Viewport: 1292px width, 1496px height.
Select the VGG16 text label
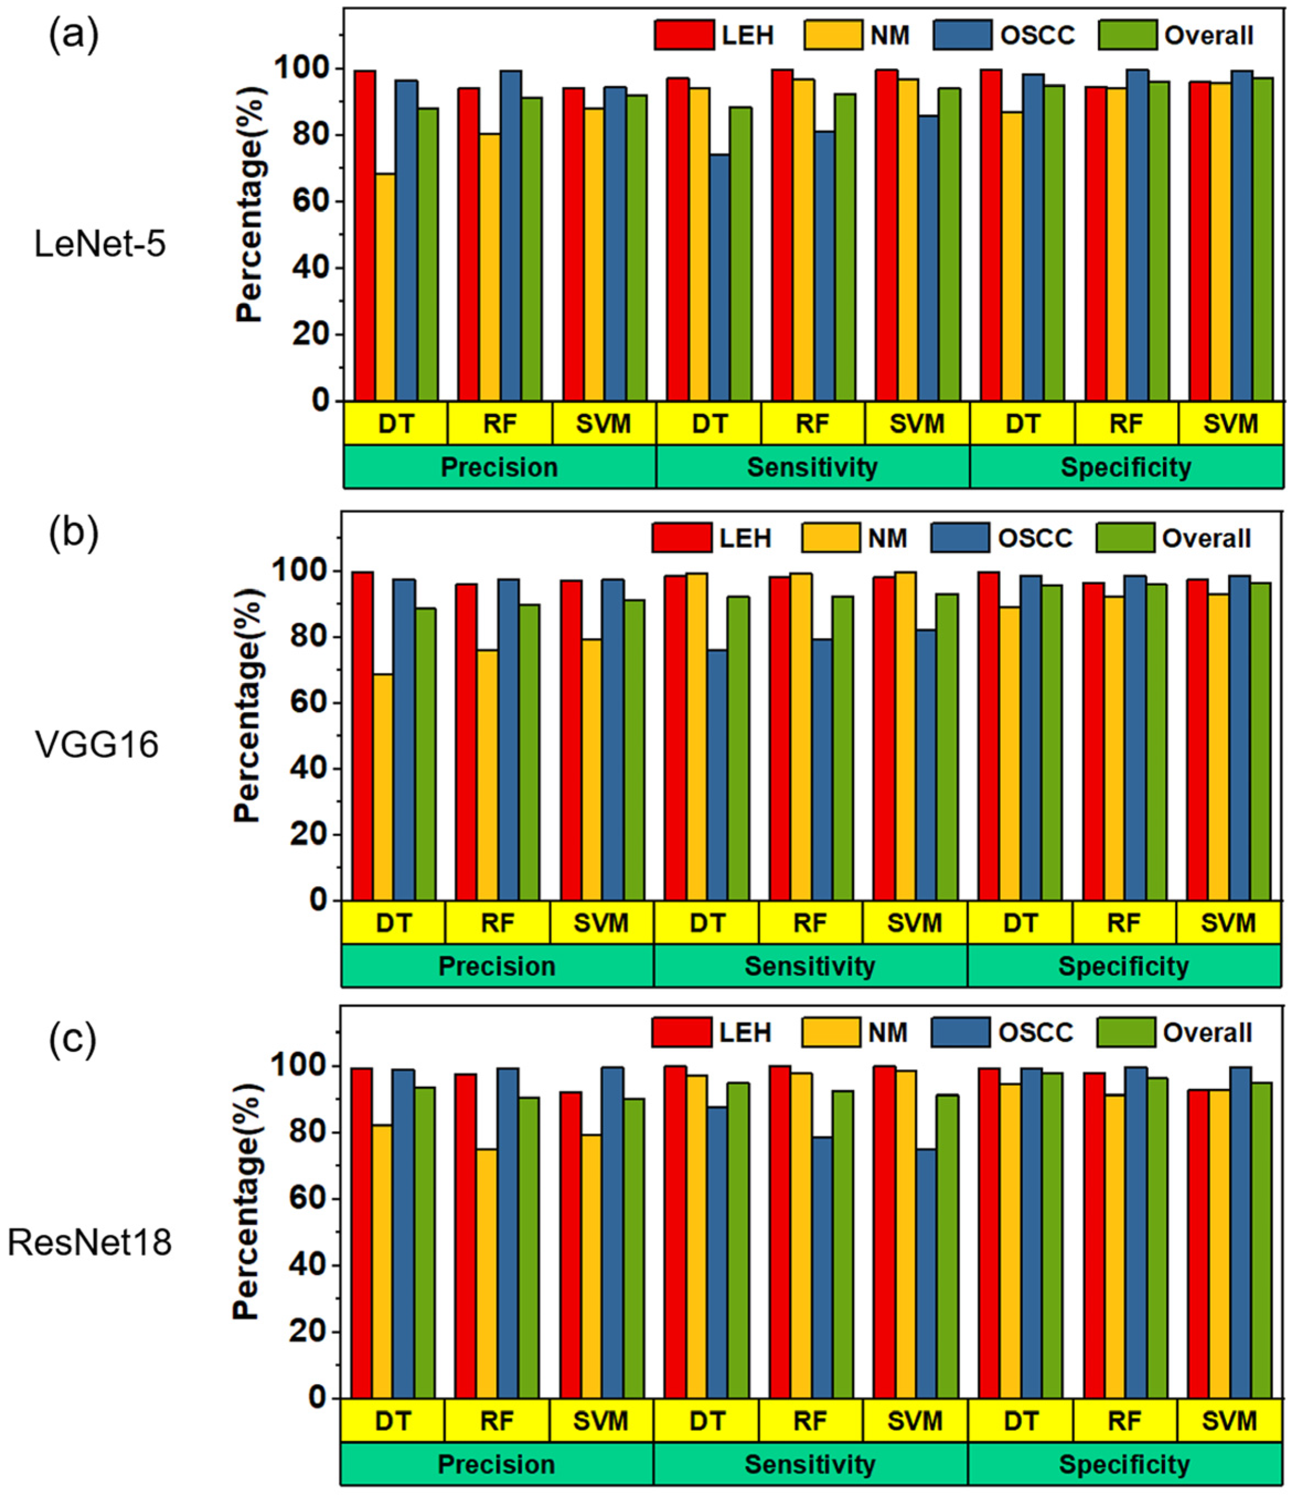(x=97, y=744)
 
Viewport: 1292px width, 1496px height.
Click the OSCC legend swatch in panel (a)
(x=962, y=35)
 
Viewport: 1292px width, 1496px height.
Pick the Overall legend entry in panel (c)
(x=1207, y=1033)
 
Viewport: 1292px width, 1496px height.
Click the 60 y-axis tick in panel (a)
(x=315, y=201)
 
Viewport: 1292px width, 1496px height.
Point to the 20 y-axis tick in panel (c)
(x=312, y=1332)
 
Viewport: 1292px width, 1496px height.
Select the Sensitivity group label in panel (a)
(x=812, y=467)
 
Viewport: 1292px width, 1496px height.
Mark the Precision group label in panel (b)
(x=497, y=966)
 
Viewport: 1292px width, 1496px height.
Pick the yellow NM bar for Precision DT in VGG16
(x=383, y=787)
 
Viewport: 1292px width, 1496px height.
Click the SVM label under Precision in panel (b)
(x=601, y=923)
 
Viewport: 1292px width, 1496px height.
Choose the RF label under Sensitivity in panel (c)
(x=810, y=1421)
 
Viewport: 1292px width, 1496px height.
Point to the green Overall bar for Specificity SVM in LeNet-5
(x=1262, y=239)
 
